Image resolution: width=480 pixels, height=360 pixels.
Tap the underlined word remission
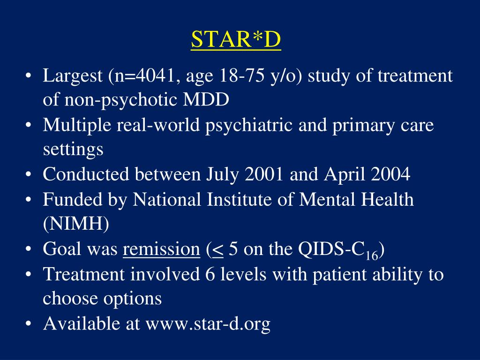pos(161,249)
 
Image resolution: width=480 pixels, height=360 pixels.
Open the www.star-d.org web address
pos(208,324)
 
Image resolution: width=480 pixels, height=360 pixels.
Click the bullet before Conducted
pos(30,175)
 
